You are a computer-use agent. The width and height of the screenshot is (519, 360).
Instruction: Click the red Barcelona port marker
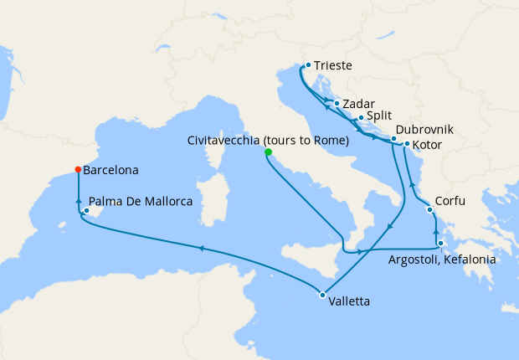[x=78, y=169]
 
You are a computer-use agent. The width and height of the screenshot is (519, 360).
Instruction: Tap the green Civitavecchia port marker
[x=268, y=152]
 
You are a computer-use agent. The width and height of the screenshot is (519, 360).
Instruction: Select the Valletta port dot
[x=322, y=294]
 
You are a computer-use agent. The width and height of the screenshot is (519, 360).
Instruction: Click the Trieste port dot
[x=308, y=64]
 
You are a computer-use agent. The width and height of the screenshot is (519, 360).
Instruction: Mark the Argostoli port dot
[x=440, y=244]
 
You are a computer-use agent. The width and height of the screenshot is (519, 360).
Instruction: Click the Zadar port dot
[x=336, y=104]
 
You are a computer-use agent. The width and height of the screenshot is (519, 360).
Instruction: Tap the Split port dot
[x=360, y=118]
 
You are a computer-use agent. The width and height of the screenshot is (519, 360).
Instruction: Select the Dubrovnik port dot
[x=393, y=138]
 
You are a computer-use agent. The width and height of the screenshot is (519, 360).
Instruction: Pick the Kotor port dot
[x=407, y=144]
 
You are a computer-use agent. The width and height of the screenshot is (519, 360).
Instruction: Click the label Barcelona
[x=111, y=170]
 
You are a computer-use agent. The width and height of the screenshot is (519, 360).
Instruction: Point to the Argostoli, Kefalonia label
[x=442, y=260]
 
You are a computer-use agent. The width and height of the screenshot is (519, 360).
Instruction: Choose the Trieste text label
[x=334, y=65]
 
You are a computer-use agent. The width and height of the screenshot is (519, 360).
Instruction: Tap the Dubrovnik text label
[x=425, y=130]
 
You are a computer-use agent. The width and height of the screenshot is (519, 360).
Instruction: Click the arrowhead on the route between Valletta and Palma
[x=201, y=247]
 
